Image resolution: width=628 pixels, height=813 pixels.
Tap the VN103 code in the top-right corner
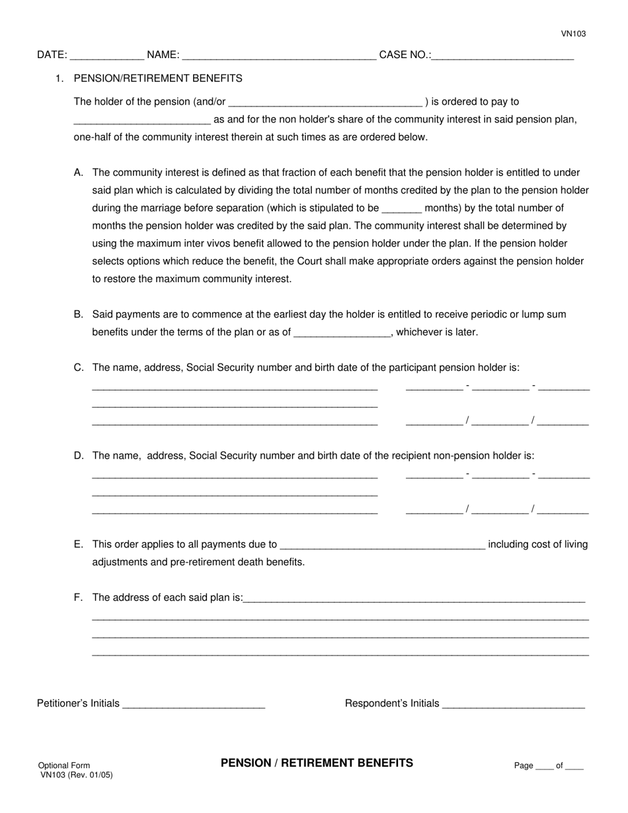[574, 34]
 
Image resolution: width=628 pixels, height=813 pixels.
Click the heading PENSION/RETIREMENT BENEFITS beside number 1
[158, 78]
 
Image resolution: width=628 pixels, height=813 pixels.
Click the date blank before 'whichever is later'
[342, 333]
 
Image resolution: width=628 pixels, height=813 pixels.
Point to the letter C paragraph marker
[79, 368]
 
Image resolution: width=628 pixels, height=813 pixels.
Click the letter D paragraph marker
[79, 455]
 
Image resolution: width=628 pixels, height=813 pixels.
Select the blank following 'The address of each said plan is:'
[414, 599]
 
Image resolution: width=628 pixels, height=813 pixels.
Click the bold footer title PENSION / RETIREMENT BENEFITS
[317, 763]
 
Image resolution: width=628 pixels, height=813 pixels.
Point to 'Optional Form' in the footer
[64, 765]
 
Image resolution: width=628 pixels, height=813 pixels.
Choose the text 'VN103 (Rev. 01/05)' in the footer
[76, 775]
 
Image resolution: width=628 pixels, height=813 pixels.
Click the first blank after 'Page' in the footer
[544, 767]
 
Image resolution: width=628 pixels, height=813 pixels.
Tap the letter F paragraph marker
[79, 597]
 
